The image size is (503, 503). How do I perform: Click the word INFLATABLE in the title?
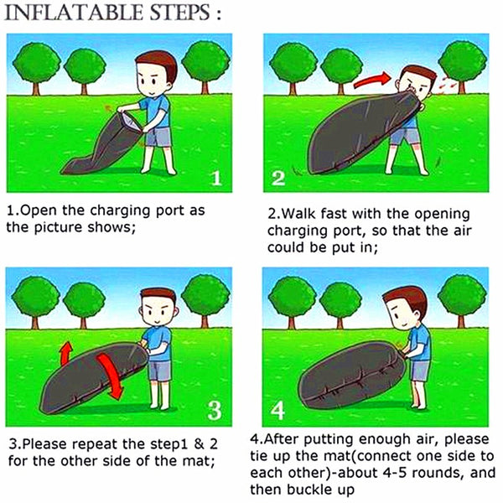74,13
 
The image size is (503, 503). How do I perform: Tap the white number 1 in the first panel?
217,179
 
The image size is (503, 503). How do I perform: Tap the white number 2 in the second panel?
277,179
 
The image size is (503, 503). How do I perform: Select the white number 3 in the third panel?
215,410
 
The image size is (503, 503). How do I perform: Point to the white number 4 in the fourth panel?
277,410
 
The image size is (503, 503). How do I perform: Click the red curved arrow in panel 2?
372,80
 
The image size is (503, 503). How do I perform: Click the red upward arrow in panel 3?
66,353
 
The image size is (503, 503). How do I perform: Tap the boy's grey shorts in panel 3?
160,371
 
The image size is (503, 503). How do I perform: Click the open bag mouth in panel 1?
131,122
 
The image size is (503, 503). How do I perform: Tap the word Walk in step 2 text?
300,214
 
